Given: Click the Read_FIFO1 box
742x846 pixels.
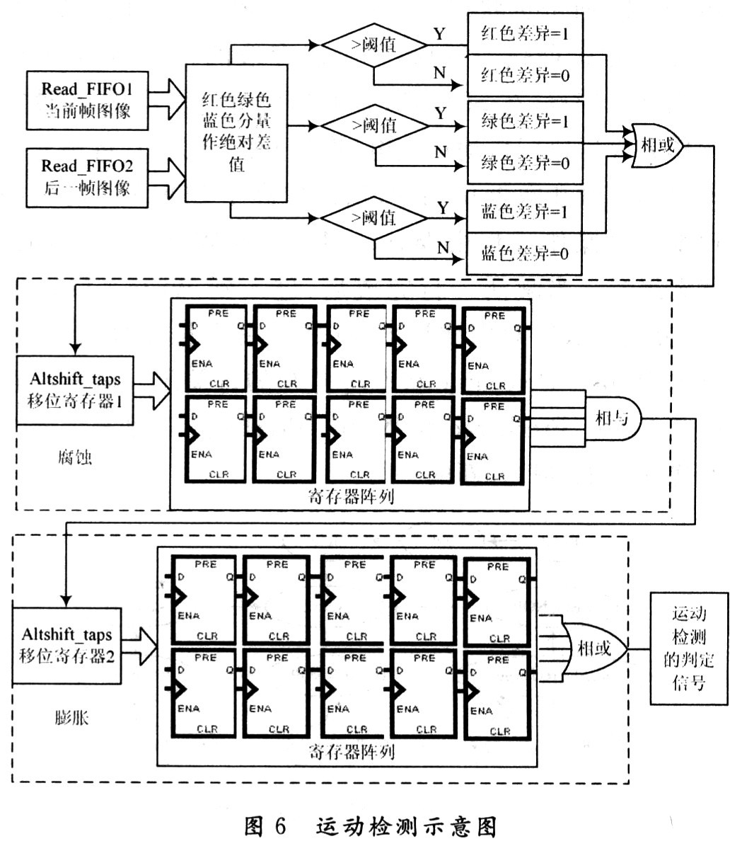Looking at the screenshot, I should coord(87,100).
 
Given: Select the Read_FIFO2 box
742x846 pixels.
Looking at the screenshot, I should coord(87,177).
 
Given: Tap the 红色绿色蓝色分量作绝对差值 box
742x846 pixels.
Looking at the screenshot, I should coord(236,132).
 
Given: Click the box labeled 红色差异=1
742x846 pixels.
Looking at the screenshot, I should coord(525,33).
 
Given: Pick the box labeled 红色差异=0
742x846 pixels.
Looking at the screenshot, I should coord(525,75).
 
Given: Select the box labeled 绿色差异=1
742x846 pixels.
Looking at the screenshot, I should coord(525,122).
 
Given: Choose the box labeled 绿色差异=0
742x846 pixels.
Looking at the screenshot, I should coord(525,164).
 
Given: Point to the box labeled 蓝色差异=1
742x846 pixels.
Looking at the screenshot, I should coord(525,212).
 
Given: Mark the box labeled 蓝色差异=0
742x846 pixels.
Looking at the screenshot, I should coord(525,253).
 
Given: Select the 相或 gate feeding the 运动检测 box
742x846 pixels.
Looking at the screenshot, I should coord(593,648).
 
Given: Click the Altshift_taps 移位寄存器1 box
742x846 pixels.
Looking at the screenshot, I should coord(75,390).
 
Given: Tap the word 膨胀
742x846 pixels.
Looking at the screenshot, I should coord(71,718).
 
